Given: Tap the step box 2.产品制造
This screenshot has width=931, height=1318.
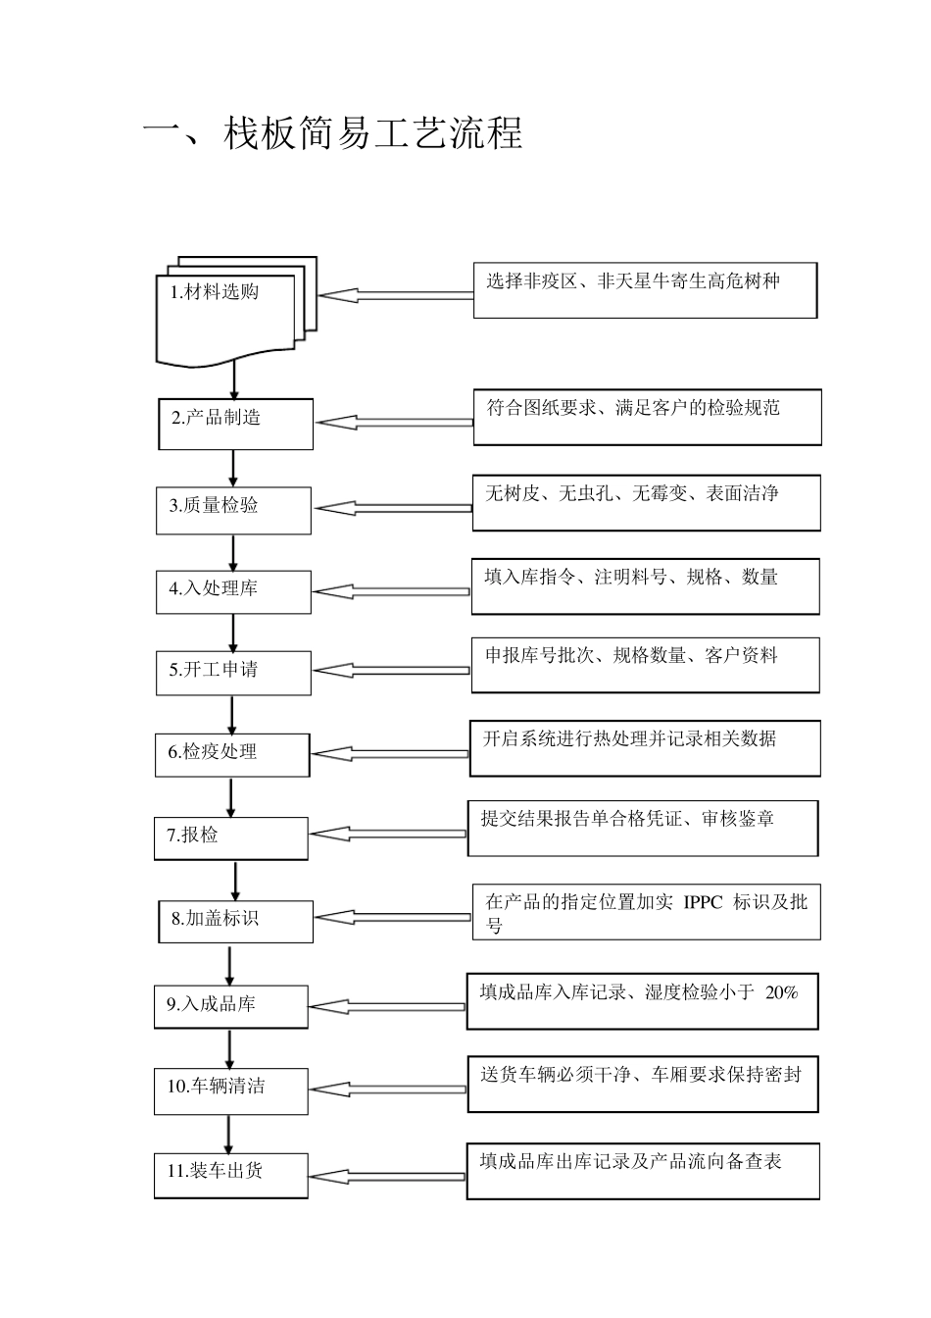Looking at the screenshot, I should [x=235, y=424].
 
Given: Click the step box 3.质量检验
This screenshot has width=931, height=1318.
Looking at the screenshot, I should [x=233, y=510].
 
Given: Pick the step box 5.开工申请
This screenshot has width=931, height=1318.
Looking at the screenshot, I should [x=233, y=673].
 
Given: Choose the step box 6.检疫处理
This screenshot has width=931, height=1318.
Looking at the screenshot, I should [x=232, y=754].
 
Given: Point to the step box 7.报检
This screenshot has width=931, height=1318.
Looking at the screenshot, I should [x=231, y=838].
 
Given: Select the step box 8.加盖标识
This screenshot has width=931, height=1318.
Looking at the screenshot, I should [x=235, y=921].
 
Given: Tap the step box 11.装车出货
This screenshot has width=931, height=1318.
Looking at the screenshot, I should [x=231, y=1174].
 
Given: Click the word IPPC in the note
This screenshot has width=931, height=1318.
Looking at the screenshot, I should [x=702, y=902].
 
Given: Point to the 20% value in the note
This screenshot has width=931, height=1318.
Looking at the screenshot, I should [x=781, y=992].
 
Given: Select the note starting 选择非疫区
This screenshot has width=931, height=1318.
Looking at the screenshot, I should [x=645, y=290].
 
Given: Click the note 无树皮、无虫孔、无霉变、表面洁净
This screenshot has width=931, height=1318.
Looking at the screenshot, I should [x=646, y=503].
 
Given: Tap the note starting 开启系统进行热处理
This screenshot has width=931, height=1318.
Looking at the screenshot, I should [x=646, y=748].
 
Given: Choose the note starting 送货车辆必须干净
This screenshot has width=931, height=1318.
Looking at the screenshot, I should [x=643, y=1084].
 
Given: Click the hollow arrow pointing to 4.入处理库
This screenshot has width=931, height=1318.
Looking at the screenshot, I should [x=391, y=592].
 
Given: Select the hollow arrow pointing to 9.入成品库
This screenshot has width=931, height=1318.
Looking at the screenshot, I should [x=387, y=1007].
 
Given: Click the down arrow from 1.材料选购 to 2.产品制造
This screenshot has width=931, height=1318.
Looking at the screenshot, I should [x=234, y=380].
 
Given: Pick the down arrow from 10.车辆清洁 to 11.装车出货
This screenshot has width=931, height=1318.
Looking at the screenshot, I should [x=229, y=1136].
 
